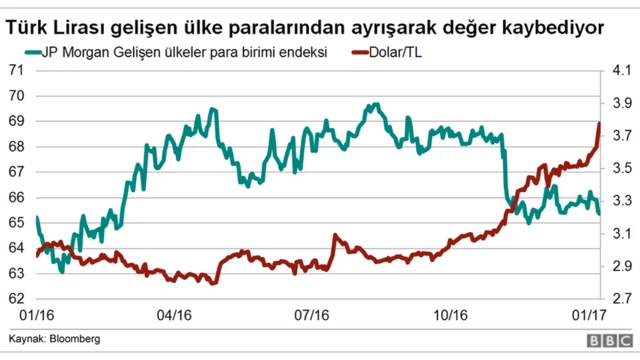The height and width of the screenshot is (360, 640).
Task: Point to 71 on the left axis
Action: click(16, 70)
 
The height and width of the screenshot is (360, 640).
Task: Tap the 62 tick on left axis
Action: click(16, 298)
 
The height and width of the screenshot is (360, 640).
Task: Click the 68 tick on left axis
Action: click(16, 146)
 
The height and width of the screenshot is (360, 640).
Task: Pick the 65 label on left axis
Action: click(16, 222)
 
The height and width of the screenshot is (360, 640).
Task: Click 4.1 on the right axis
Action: click(621, 70)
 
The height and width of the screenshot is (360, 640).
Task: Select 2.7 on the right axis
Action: click(621, 298)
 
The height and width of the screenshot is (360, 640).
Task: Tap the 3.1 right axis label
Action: click(621, 233)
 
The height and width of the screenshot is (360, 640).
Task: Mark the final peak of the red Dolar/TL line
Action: click(598, 124)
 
